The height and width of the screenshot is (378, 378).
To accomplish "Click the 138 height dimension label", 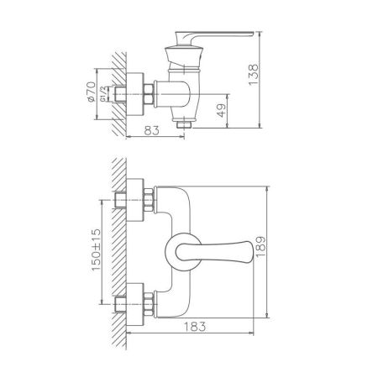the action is point(253,75).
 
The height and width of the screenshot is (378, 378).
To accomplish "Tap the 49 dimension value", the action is point(221,111).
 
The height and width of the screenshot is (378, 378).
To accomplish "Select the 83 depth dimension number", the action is point(151,130).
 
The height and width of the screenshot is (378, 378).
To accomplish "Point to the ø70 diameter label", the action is point(91,92).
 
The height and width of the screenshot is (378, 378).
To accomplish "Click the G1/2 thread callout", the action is point(102,94).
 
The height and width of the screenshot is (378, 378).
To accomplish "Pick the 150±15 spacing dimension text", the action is point(96,249).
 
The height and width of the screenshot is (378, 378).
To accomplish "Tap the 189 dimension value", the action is point(260,246).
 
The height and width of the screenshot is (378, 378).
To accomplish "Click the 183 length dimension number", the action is point(195,327).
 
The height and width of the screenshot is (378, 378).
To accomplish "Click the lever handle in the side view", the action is point(213,36).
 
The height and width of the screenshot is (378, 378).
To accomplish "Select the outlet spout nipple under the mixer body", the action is point(184,124).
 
